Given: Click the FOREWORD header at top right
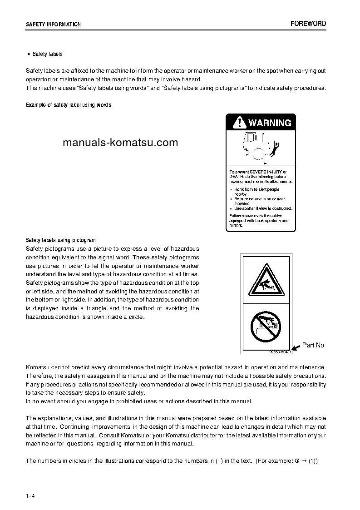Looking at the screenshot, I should click(x=308, y=24).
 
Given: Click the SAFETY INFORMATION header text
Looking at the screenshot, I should click(x=53, y=25).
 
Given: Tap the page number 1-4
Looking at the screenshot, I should click(x=30, y=495).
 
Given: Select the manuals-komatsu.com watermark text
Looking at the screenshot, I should click(x=120, y=143).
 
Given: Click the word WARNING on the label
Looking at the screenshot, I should click(x=270, y=123).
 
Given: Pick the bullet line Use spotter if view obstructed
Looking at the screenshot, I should click(x=262, y=208).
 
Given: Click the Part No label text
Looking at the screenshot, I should click(x=313, y=345).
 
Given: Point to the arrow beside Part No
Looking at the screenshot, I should click(x=296, y=347).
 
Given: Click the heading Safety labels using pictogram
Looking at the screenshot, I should click(x=61, y=240).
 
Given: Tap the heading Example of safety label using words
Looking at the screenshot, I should click(x=69, y=105).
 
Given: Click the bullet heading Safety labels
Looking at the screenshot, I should click(x=47, y=54).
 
